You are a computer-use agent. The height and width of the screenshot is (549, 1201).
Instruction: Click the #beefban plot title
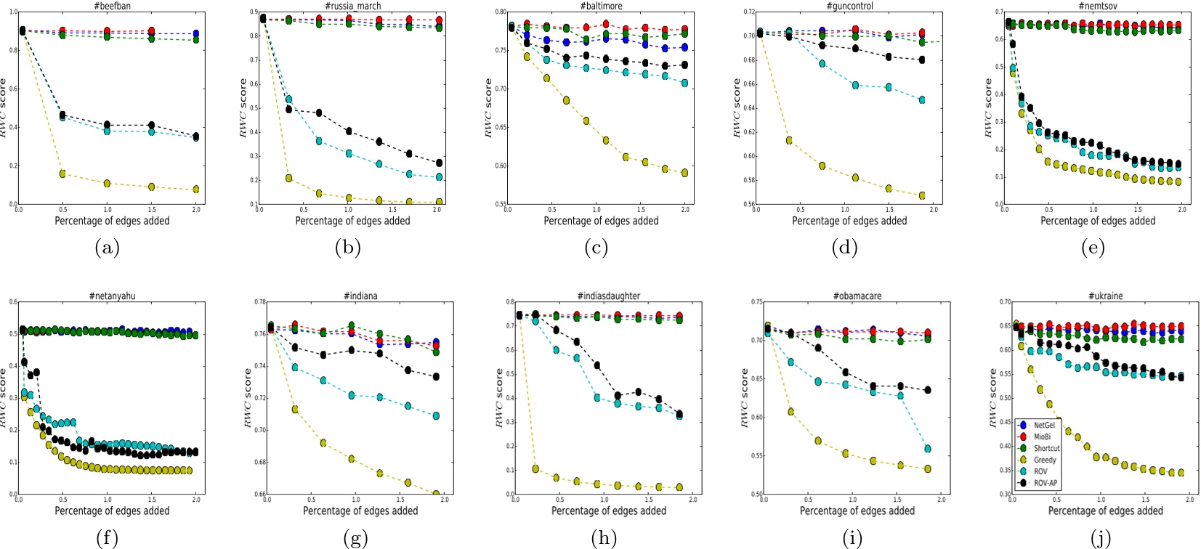(x=112, y=6)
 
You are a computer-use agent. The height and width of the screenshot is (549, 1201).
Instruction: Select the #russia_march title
(x=352, y=6)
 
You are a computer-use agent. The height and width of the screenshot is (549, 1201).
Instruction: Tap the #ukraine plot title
(x=1105, y=296)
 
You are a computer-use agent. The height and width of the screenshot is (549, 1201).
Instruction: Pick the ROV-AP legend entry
(x=1045, y=483)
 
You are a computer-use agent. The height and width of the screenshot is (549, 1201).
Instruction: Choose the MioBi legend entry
(x=1042, y=436)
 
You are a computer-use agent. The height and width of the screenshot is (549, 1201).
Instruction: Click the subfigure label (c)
(x=596, y=248)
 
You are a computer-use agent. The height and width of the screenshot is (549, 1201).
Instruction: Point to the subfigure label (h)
(x=604, y=538)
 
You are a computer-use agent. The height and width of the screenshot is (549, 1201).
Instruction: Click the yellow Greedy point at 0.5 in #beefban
(x=62, y=174)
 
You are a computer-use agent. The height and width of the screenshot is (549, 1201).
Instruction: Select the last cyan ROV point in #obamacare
(x=928, y=449)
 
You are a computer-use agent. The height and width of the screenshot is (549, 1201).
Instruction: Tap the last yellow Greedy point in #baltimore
(x=684, y=173)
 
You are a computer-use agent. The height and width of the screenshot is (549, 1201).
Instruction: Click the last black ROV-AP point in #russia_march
(x=439, y=163)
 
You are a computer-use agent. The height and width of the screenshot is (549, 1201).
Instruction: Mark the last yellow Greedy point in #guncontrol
(x=922, y=195)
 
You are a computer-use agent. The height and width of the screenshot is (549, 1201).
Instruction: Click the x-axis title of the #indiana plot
(x=360, y=511)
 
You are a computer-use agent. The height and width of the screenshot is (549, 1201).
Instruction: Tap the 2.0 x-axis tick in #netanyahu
(x=197, y=500)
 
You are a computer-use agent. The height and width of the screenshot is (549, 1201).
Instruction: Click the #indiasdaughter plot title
(x=609, y=296)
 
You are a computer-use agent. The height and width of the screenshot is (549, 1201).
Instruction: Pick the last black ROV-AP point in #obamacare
(x=928, y=390)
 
